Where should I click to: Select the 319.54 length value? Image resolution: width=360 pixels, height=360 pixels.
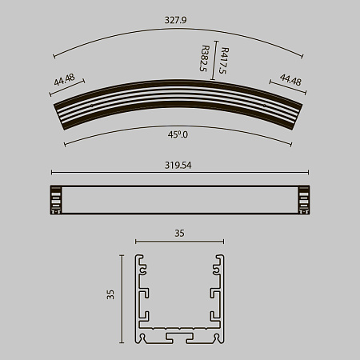click(180, 165)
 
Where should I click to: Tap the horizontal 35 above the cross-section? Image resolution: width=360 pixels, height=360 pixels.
click(179, 233)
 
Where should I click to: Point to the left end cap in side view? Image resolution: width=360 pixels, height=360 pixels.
click(56, 200)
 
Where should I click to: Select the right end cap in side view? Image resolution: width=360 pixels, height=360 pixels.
click(303, 200)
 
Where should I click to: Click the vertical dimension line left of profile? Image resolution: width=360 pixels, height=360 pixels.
click(122, 300)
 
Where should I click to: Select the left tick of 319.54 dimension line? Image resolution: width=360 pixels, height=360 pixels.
click(51, 172)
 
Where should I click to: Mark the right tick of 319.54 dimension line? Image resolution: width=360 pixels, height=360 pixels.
click(308, 172)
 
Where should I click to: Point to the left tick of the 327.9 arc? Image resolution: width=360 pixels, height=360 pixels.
click(54, 56)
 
